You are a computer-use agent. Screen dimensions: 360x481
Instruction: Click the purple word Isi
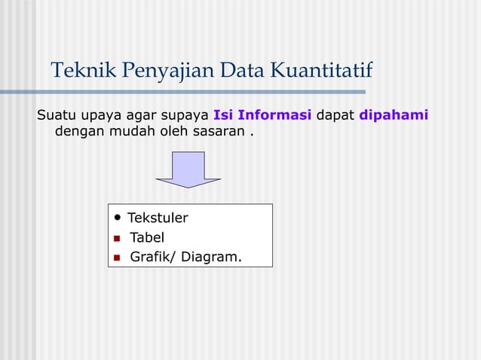[x=223, y=115]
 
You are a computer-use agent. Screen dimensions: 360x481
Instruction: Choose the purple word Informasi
[x=274, y=115]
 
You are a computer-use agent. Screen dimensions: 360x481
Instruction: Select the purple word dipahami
[x=394, y=116]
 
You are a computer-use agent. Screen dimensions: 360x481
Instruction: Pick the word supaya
[x=184, y=116]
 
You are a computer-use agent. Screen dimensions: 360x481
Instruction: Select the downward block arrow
[x=188, y=169]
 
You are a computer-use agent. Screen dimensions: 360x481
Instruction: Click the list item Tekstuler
[x=158, y=218]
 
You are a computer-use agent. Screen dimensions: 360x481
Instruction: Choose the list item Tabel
[x=147, y=238]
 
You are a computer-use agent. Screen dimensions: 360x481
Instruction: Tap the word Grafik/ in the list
[x=153, y=258]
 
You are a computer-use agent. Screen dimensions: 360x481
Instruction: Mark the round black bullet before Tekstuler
[x=118, y=218]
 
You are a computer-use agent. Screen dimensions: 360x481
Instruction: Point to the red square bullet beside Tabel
[x=117, y=239]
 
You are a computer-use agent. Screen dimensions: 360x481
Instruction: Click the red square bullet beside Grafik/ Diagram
[x=117, y=258]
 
